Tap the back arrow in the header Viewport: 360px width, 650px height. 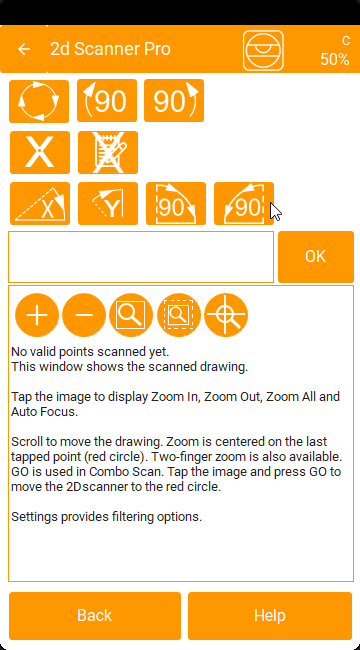[24, 49]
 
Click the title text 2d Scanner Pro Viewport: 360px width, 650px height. [110, 49]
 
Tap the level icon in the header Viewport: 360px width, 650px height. [263, 50]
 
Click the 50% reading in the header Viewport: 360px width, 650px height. [334, 59]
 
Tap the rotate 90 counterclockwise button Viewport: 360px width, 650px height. [107, 101]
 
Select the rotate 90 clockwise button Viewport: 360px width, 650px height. [174, 101]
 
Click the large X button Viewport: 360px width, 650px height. [40, 153]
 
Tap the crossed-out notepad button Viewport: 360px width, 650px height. [108, 153]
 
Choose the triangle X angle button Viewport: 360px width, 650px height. [40, 204]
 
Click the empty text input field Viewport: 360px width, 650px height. [141, 257]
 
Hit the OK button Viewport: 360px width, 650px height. [316, 257]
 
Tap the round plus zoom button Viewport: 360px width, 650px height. [37, 315]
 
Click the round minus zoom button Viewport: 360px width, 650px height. [84, 315]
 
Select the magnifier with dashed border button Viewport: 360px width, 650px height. [179, 315]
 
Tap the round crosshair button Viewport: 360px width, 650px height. [226, 315]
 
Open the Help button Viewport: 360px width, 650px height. [270, 616]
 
